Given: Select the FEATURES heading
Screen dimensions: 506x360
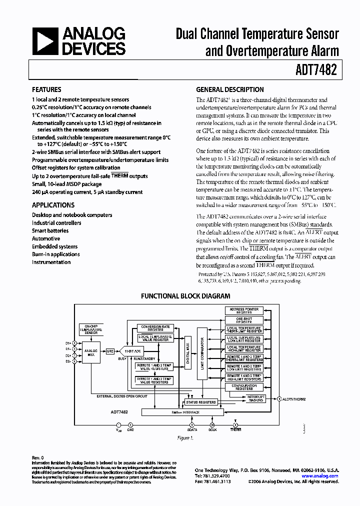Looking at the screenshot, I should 47,90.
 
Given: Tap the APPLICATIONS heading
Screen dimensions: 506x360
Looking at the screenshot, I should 53,205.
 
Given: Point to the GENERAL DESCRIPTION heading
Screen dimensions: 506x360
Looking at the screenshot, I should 230,90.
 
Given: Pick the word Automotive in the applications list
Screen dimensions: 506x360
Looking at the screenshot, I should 46,238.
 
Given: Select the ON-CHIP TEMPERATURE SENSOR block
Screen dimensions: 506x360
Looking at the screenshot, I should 90,330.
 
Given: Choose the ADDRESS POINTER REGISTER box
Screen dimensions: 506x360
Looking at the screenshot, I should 244,310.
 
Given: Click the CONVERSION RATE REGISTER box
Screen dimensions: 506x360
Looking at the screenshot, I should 156,328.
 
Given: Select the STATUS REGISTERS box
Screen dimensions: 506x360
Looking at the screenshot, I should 200,402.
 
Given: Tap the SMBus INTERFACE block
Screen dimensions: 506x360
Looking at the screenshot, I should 185,412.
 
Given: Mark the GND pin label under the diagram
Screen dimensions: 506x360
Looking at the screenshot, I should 131,429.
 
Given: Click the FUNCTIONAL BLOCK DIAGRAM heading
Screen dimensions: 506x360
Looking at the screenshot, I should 185,296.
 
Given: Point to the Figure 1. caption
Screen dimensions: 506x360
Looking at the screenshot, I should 185,437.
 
